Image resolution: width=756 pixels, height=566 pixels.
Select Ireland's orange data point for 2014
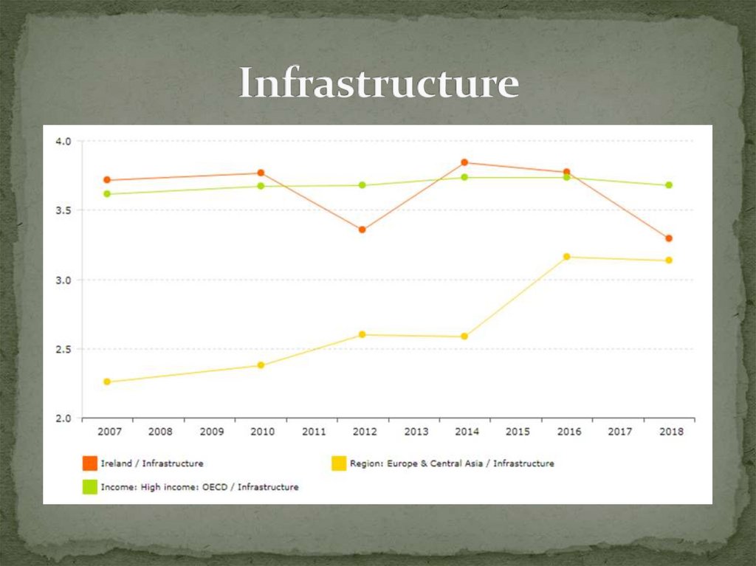(464, 162)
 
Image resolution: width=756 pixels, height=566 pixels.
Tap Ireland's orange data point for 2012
(362, 229)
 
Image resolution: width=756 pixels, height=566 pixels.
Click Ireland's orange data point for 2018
(668, 238)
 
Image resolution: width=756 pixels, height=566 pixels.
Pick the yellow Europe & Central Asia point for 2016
(566, 257)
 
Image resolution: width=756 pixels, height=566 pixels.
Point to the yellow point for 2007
(107, 382)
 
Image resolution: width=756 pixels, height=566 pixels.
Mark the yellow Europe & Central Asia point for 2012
(362, 334)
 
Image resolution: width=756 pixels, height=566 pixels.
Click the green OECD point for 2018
(668, 185)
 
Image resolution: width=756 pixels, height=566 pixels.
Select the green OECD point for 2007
(107, 194)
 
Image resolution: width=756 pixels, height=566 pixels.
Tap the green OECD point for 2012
(362, 185)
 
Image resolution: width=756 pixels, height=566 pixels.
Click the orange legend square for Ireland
(89, 463)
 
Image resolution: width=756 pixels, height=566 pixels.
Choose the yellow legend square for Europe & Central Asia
(338, 463)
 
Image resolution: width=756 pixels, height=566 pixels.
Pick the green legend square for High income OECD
(89, 487)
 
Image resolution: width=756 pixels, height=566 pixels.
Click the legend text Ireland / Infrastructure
(152, 463)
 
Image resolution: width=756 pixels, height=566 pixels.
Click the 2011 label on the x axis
(314, 432)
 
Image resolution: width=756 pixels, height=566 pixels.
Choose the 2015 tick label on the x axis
(518, 432)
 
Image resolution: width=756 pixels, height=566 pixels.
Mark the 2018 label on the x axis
(671, 432)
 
